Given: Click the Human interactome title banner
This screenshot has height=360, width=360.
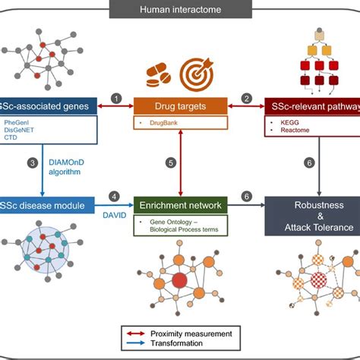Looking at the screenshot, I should pos(179,10).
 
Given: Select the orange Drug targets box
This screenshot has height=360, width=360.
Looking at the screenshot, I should pos(179,103).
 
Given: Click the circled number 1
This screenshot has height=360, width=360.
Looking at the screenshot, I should pos(115,98).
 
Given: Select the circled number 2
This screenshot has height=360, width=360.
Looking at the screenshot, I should pos(246,98).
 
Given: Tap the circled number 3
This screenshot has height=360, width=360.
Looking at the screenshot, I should pos(32,163).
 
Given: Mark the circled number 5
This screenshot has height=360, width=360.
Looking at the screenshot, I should pos(171,163).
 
